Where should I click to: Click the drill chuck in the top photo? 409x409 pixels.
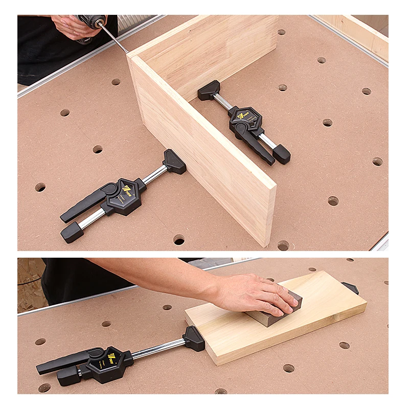pos(95,21)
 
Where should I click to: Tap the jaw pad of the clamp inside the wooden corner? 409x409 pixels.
pos(209,90)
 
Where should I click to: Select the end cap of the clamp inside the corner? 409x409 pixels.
pos(281,153)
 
